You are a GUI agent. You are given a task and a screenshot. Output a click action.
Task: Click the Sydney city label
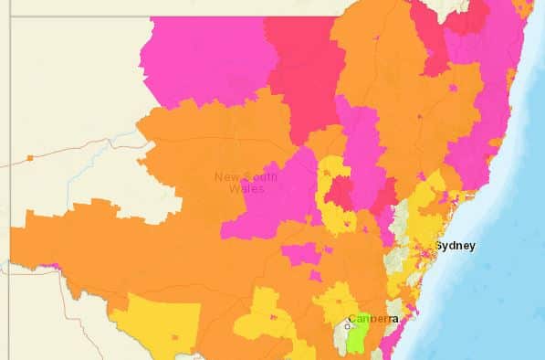point(455,246)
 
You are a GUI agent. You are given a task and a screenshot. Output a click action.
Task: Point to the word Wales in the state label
point(246,189)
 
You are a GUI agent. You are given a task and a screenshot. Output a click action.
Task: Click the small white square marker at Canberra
point(347,326)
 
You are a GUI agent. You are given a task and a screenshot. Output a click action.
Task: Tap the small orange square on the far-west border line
point(30,158)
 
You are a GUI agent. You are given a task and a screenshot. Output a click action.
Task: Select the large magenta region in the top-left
point(205,59)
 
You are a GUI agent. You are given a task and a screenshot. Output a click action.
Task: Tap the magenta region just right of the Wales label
point(283,196)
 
